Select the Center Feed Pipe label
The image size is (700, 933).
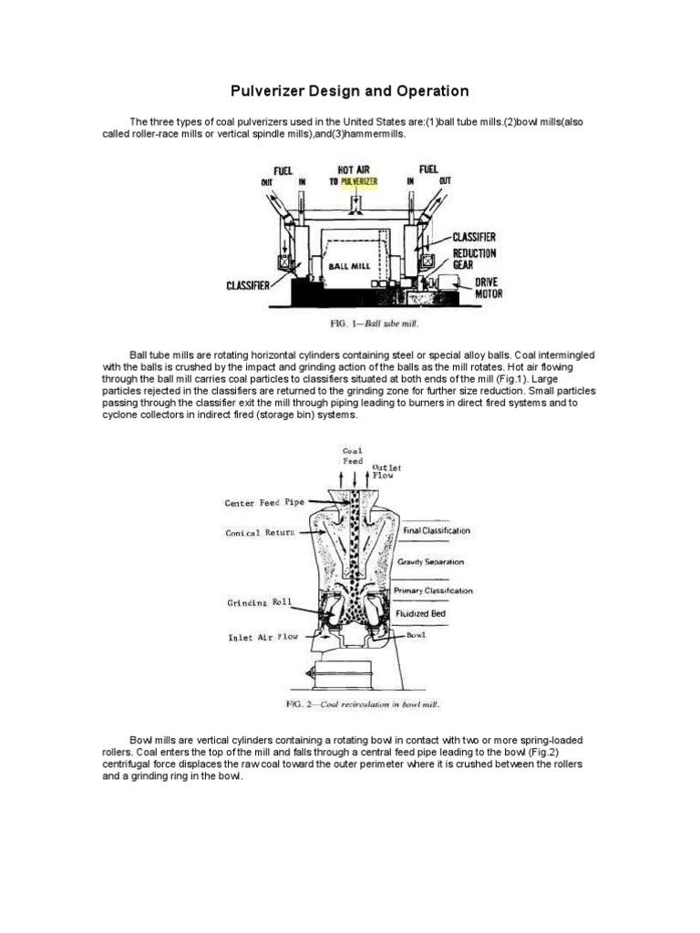[266, 502]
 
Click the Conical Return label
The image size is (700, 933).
[261, 532]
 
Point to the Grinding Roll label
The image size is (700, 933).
[259, 602]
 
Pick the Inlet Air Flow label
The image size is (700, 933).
[262, 638]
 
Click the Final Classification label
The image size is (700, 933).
[433, 529]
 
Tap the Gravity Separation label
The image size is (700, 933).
[430, 562]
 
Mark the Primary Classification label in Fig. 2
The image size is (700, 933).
[433, 590]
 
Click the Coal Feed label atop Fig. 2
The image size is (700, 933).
[352, 456]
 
